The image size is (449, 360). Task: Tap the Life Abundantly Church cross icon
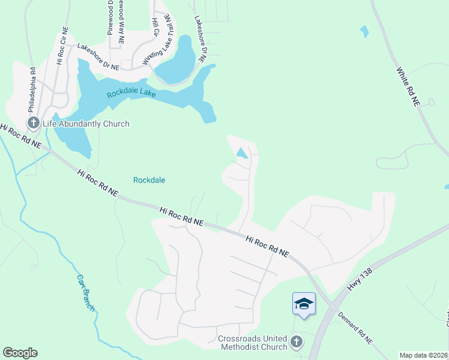(x=33, y=123)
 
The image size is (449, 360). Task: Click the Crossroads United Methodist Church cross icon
(x=295, y=342)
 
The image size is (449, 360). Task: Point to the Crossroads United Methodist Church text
(x=253, y=342)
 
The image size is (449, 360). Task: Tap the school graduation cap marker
(x=304, y=304)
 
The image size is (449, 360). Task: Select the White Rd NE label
(x=407, y=87)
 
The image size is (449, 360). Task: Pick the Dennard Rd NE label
(x=355, y=328)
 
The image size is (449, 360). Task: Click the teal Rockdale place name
(x=149, y=180)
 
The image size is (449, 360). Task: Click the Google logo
(x=20, y=353)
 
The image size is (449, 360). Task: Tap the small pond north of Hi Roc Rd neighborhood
(x=242, y=153)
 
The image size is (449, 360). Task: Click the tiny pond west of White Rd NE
(x=364, y=31)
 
